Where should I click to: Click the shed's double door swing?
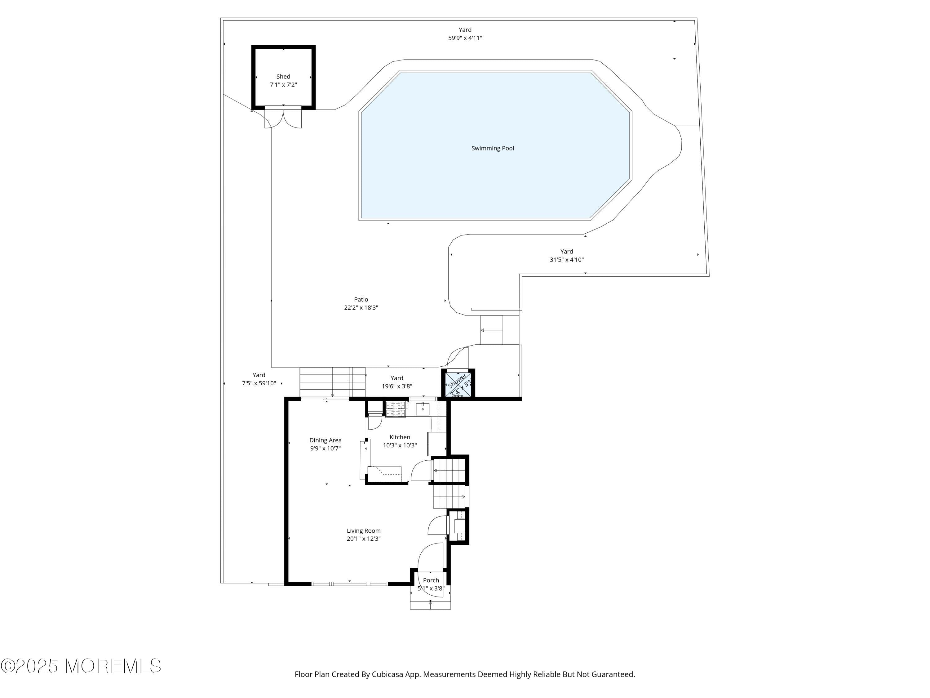click(283, 119)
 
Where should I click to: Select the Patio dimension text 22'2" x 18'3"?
click(361, 307)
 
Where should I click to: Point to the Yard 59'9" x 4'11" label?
click(465, 34)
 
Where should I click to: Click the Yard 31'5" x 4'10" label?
click(566, 255)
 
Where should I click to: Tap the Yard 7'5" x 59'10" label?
click(259, 379)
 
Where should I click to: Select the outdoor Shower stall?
click(458, 383)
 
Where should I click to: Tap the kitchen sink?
click(422, 409)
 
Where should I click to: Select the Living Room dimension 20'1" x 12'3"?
click(363, 539)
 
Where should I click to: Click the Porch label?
click(431, 580)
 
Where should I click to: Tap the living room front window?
click(349, 584)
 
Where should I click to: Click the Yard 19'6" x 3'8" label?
click(396, 382)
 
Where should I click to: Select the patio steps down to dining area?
click(332, 382)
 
